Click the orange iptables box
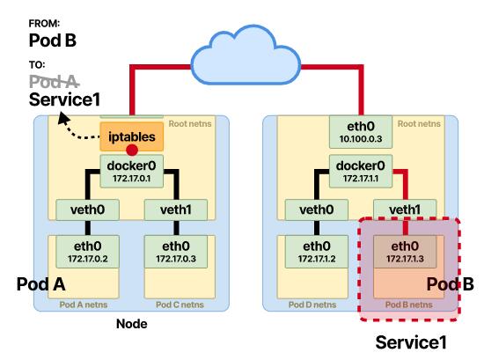click(x=131, y=136)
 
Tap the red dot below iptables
click(x=132, y=151)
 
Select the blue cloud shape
click(x=246, y=55)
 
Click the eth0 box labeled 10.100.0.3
click(x=361, y=132)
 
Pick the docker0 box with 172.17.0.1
click(x=131, y=172)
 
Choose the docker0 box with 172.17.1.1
click(x=361, y=172)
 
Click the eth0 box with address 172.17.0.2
click(x=88, y=252)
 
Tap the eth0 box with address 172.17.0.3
click(x=176, y=252)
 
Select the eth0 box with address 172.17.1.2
click(x=317, y=252)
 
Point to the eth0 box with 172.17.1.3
click(x=405, y=252)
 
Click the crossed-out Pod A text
click(x=55, y=82)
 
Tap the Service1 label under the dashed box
click(x=411, y=342)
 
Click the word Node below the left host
click(x=132, y=324)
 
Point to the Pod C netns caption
click(x=180, y=305)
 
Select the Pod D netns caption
click(x=312, y=305)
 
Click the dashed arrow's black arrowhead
click(x=63, y=119)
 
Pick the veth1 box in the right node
click(x=405, y=209)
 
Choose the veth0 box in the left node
click(x=88, y=209)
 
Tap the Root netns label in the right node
click(x=419, y=124)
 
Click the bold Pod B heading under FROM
click(x=53, y=40)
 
